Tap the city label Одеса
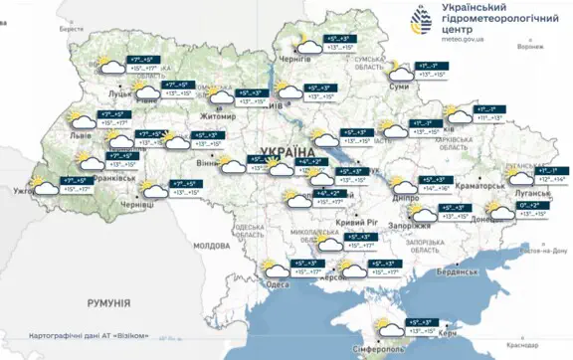point(279,284)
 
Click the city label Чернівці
point(136,204)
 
